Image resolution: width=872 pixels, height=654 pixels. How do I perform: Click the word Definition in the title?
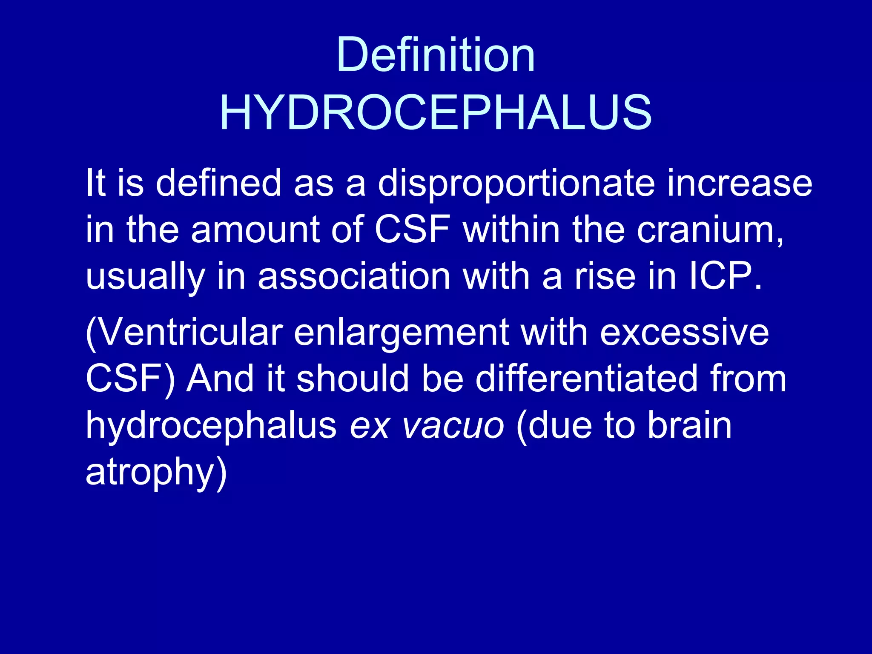(435, 55)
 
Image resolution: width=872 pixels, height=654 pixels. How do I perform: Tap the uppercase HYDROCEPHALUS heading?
(435, 113)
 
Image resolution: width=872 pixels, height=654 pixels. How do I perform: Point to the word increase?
(740, 183)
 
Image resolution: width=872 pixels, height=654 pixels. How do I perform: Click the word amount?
(255, 230)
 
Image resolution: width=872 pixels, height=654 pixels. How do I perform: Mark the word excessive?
(684, 332)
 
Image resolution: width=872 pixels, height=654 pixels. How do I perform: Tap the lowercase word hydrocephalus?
(211, 426)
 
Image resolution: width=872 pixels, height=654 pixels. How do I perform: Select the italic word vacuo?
(453, 426)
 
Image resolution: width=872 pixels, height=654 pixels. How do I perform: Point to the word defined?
(218, 183)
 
